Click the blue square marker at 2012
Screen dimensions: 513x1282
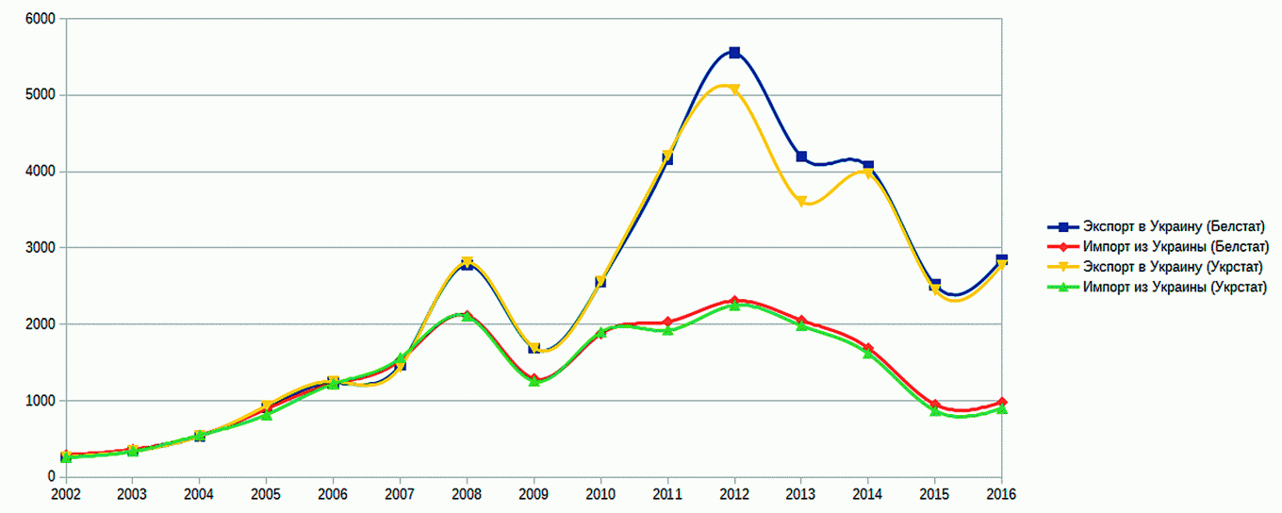(734, 53)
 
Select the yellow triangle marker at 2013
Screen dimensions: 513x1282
(801, 202)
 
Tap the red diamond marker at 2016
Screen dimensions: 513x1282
(1001, 403)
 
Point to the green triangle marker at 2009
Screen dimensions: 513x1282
(534, 381)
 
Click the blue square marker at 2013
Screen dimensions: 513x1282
(801, 157)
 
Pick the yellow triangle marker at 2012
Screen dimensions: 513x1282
(734, 91)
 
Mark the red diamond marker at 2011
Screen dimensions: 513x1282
(667, 323)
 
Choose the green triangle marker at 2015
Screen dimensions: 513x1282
(935, 411)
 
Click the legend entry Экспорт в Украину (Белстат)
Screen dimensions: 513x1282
(1173, 226)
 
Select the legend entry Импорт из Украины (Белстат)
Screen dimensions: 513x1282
(1175, 247)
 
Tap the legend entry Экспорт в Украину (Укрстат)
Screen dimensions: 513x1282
(1173, 267)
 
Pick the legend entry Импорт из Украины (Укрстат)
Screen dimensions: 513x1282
(1175, 288)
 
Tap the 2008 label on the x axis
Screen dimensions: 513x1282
(467, 493)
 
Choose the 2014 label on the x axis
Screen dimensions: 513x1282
(868, 493)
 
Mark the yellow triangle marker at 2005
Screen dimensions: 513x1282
(267, 406)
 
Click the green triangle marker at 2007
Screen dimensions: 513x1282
(401, 358)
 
